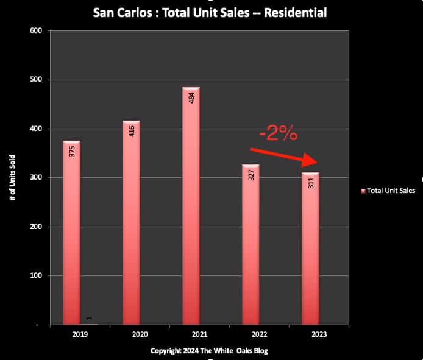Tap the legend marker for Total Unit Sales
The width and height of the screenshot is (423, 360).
click(x=363, y=191)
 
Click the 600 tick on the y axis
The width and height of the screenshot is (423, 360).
click(x=37, y=31)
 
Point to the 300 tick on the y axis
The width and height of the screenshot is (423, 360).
click(x=37, y=178)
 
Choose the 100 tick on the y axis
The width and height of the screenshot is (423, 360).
click(x=37, y=276)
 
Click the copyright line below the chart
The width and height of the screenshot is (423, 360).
click(x=208, y=351)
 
